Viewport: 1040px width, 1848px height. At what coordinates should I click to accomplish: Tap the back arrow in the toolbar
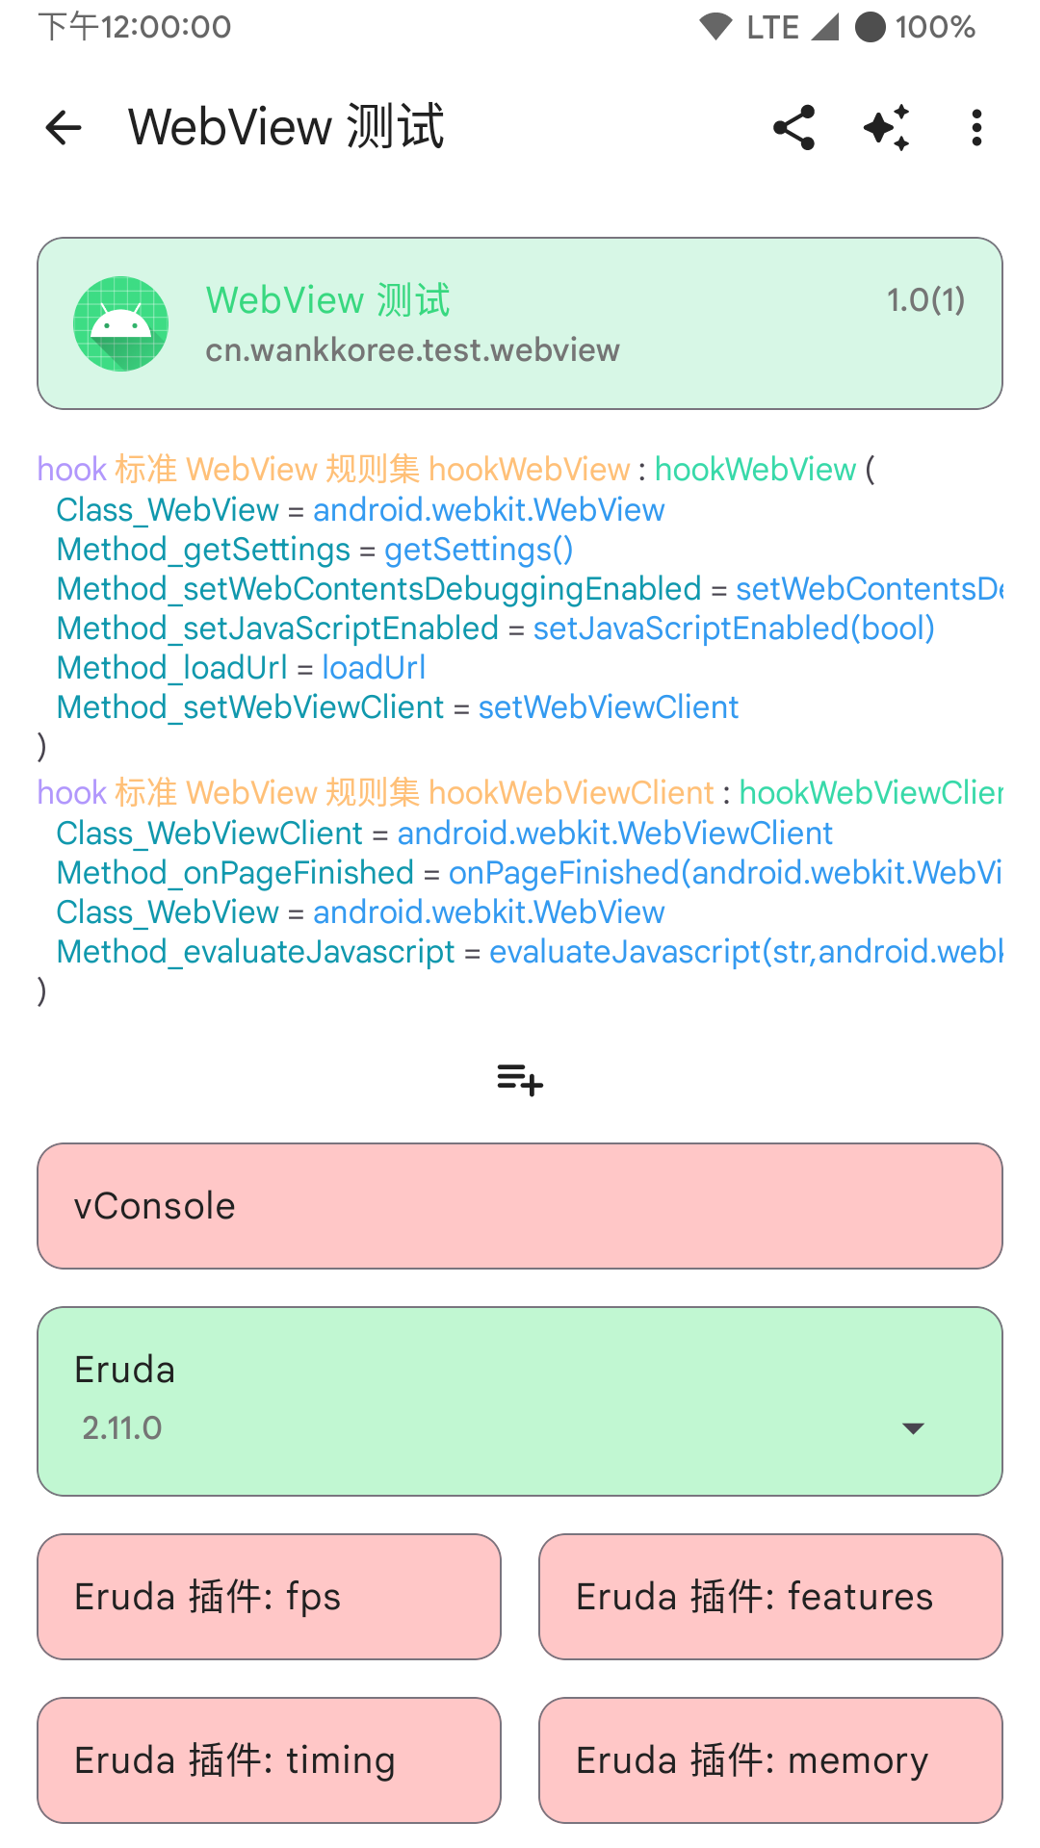[x=64, y=127]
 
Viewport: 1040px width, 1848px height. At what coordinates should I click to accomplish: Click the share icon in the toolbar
[x=794, y=127]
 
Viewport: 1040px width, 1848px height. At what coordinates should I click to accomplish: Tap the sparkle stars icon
[x=886, y=127]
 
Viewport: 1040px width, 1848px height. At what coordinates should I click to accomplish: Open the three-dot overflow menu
[x=976, y=127]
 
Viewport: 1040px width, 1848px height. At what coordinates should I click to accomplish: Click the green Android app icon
[x=121, y=323]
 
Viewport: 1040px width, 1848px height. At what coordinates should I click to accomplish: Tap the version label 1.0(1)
[x=924, y=300]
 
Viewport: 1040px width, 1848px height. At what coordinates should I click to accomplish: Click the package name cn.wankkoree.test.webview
[x=412, y=350]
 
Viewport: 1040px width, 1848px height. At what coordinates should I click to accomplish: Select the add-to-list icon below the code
[x=520, y=1079]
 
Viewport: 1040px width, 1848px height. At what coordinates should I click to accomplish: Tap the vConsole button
[x=520, y=1206]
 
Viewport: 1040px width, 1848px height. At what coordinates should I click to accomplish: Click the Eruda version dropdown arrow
[x=913, y=1428]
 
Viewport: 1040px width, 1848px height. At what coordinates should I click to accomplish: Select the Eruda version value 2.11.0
[x=122, y=1428]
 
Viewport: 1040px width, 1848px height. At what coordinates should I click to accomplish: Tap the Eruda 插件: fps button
[x=269, y=1597]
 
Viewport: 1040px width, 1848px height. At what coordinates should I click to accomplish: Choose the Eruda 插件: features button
[x=770, y=1597]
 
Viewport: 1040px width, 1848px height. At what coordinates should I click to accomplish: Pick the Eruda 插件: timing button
[x=269, y=1760]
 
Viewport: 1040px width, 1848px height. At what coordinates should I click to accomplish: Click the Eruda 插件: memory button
[x=770, y=1760]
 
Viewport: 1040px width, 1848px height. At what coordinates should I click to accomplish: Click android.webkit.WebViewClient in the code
[x=614, y=834]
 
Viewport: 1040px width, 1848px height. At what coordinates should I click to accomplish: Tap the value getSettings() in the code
[x=479, y=550]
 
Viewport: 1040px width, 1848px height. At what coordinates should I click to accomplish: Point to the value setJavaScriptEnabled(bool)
[x=734, y=629]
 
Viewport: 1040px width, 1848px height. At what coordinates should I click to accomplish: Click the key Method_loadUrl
[x=172, y=668]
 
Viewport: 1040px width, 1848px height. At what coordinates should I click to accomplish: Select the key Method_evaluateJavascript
[x=255, y=952]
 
